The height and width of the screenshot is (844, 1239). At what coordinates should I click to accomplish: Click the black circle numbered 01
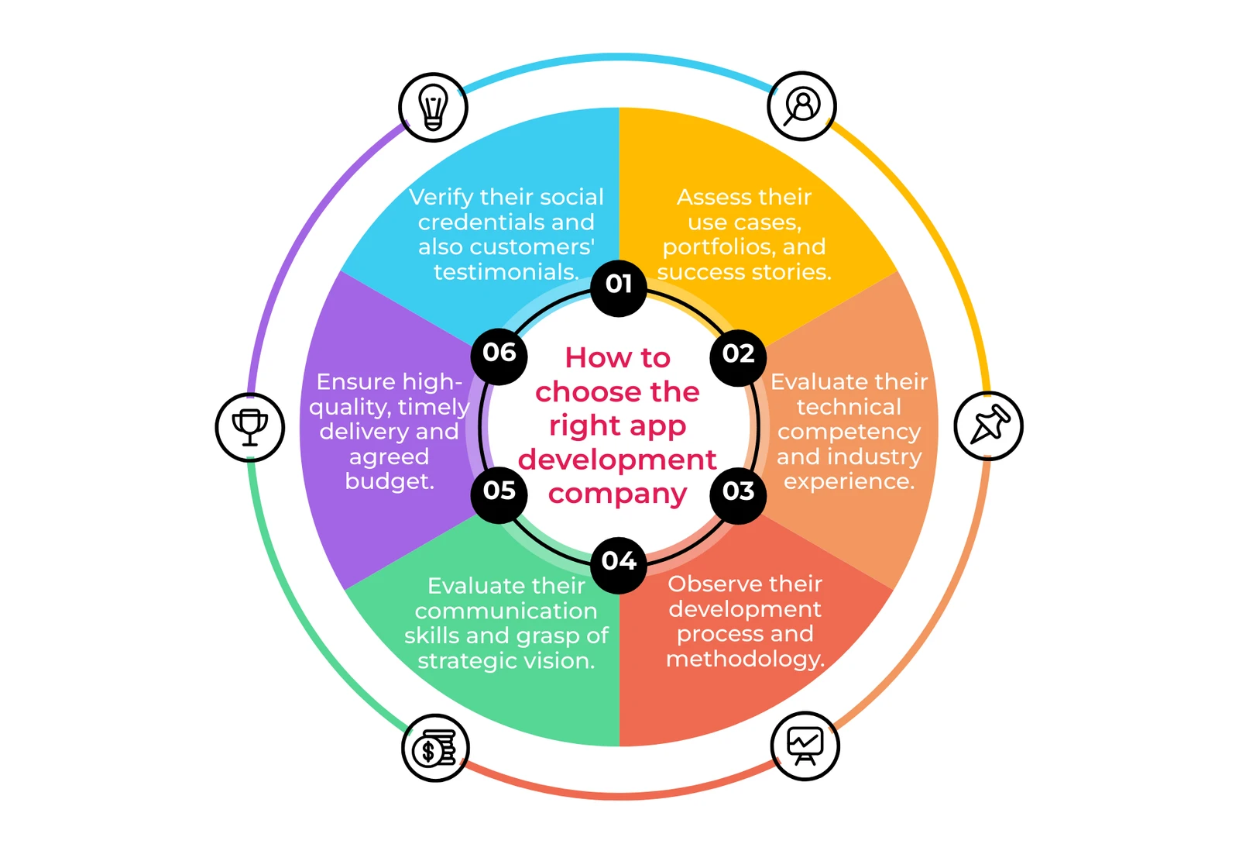tap(619, 288)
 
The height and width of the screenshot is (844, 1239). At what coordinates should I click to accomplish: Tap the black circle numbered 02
tap(738, 357)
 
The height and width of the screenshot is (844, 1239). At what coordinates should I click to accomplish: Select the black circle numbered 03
tap(738, 494)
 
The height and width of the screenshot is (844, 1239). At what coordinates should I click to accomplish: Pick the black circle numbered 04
tap(619, 565)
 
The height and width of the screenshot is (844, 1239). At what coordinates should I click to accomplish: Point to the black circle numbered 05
tap(499, 494)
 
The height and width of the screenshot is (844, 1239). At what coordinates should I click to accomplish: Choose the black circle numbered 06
tap(499, 357)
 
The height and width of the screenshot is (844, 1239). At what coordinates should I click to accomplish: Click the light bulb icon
tap(433, 108)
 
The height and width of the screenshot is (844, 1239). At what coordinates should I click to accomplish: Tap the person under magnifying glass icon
tap(801, 105)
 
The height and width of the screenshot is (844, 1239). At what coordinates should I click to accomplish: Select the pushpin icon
tap(989, 425)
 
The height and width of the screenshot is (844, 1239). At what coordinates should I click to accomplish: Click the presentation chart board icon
tap(805, 746)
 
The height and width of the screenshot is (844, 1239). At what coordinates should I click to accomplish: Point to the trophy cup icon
tap(250, 427)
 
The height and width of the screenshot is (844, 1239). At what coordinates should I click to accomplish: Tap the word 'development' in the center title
tap(617, 460)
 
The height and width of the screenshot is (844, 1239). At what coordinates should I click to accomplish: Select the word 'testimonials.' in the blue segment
tap(506, 272)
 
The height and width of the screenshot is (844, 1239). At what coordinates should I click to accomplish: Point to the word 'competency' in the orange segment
tap(849, 432)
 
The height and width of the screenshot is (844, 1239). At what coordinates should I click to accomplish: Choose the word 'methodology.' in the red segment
tap(745, 659)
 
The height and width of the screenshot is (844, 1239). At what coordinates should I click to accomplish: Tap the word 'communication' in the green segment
tap(506, 611)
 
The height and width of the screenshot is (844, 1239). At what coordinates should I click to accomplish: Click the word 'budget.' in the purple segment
tap(390, 481)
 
